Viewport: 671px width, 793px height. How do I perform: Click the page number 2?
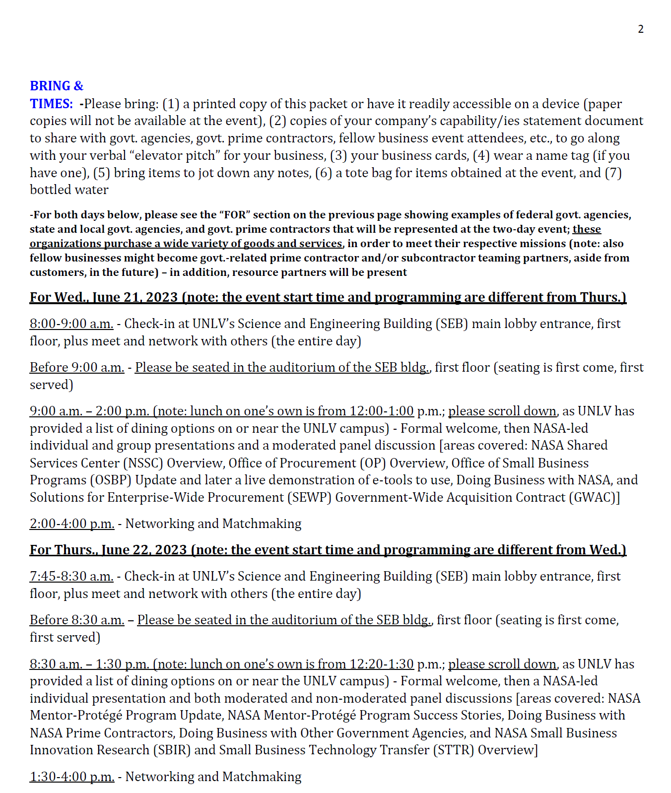coord(641,29)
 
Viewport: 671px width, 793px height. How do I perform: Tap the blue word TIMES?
coord(51,104)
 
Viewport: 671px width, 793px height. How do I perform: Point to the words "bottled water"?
coord(69,190)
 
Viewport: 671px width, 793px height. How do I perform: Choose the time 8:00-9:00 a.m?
coord(71,324)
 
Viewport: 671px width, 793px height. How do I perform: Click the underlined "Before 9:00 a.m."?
coord(77,367)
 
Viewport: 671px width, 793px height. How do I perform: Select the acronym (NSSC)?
coord(140,463)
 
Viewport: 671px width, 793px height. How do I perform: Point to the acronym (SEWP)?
coord(308,497)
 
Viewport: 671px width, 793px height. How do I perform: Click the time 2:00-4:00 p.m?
coord(72,524)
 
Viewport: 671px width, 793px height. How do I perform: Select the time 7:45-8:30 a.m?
coord(71,576)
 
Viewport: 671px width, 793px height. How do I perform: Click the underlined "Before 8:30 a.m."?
coord(77,620)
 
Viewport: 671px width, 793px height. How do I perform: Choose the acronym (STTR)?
coord(454,750)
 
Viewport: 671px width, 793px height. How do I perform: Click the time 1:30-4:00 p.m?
coord(72,777)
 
